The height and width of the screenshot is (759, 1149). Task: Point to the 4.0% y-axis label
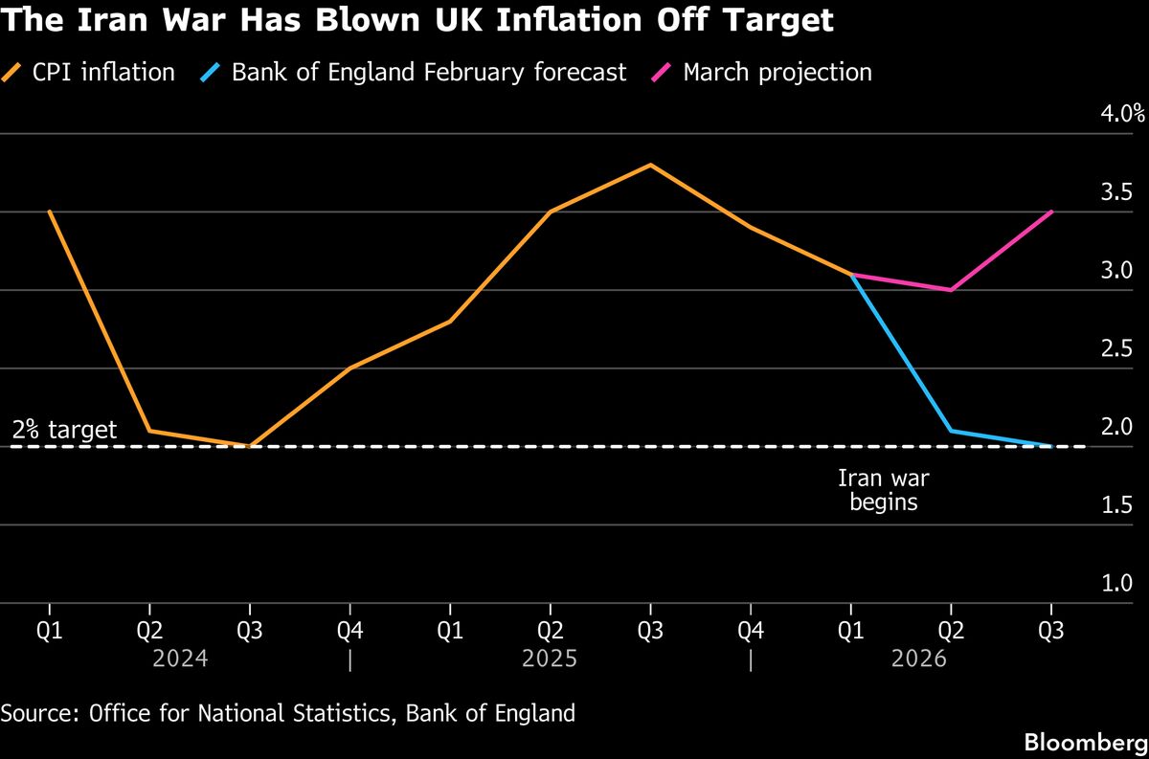pos(1122,114)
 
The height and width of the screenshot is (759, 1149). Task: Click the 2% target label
pos(65,430)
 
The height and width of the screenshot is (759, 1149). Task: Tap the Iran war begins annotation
pos(883,489)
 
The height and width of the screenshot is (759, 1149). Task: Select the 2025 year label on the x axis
pos(550,659)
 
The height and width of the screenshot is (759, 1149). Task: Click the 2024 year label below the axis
pos(180,659)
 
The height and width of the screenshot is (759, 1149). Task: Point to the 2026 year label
pos(918,659)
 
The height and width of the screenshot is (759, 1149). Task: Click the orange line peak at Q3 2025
pos(650,165)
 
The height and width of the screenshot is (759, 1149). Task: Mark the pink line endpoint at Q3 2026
pos(1052,212)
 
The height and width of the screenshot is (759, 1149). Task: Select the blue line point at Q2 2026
pos(951,431)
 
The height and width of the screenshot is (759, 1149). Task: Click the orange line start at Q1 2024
pos(49,212)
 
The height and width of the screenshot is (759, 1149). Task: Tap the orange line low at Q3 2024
pos(250,446)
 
